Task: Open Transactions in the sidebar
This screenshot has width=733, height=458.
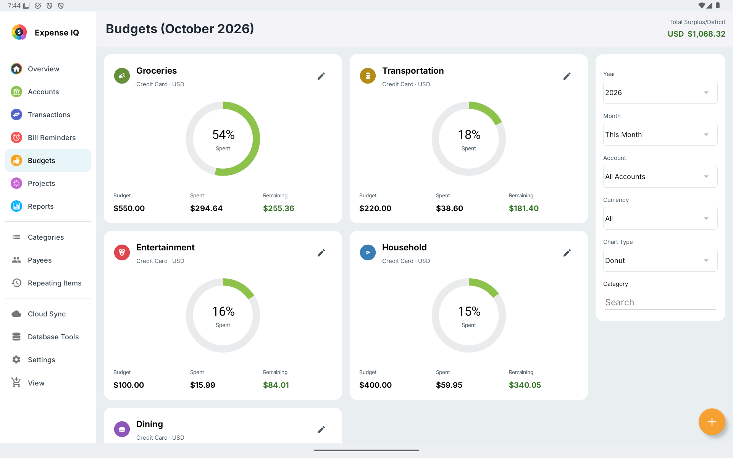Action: click(x=48, y=114)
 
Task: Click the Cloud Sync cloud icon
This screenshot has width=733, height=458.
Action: click(x=16, y=314)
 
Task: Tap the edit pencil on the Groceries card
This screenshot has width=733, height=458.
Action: click(x=321, y=76)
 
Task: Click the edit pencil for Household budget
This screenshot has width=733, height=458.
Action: click(x=567, y=253)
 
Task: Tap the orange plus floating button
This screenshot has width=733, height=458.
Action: click(x=712, y=422)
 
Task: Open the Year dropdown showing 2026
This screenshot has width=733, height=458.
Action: click(x=660, y=92)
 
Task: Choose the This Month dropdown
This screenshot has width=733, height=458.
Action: click(x=660, y=134)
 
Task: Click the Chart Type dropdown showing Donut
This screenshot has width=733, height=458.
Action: click(x=660, y=260)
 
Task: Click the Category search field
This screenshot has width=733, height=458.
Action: click(x=660, y=302)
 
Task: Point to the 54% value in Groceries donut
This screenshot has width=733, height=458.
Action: click(x=223, y=135)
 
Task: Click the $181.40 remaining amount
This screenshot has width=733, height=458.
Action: click(x=524, y=208)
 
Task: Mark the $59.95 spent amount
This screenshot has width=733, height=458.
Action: click(x=449, y=385)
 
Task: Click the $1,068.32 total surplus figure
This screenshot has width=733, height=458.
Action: click(x=706, y=34)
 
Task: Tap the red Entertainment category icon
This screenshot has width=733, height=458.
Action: click(x=122, y=253)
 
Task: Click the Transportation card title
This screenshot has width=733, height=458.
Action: click(x=413, y=71)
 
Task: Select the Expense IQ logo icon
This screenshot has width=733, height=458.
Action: click(x=19, y=32)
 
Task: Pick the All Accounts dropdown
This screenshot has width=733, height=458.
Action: click(x=660, y=176)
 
